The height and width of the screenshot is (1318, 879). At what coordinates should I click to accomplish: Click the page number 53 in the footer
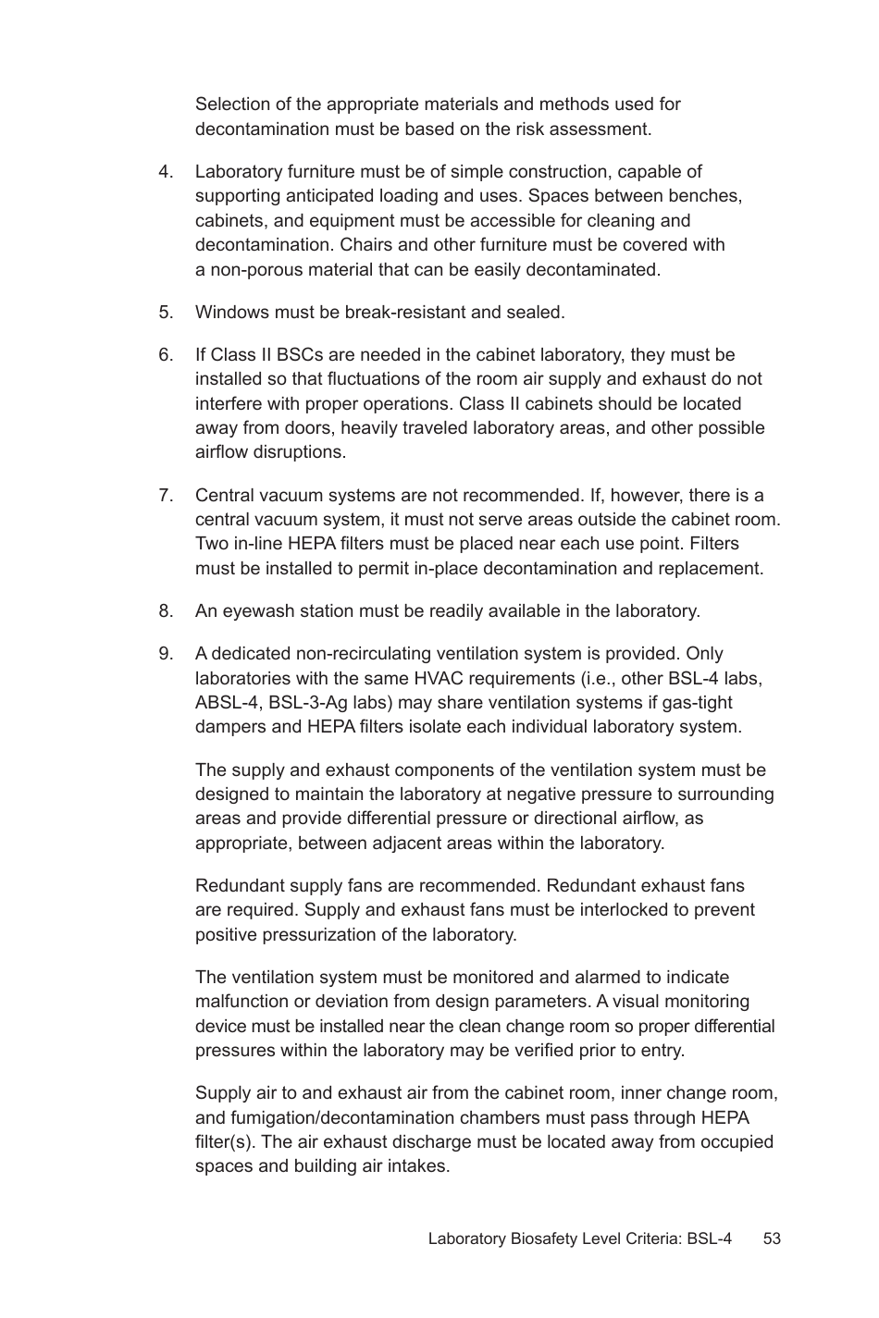[x=772, y=1238]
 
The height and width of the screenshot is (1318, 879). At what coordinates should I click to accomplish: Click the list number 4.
[x=166, y=172]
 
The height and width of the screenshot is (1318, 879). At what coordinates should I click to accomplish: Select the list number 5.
[x=166, y=313]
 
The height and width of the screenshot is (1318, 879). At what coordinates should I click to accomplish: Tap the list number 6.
[x=166, y=355]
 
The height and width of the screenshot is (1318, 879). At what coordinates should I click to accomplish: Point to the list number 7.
[x=166, y=496]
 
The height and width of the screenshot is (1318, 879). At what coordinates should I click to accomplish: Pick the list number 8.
[x=166, y=611]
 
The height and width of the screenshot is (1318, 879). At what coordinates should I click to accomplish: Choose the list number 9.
[x=166, y=654]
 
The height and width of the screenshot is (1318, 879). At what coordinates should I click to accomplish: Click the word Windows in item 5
[x=230, y=313]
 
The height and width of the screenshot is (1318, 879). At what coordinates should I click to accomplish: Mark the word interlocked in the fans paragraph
[x=623, y=910]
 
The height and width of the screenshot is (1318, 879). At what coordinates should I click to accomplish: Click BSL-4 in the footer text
[x=709, y=1238]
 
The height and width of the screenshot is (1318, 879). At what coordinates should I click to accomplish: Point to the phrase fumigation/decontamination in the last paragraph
[x=333, y=1118]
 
